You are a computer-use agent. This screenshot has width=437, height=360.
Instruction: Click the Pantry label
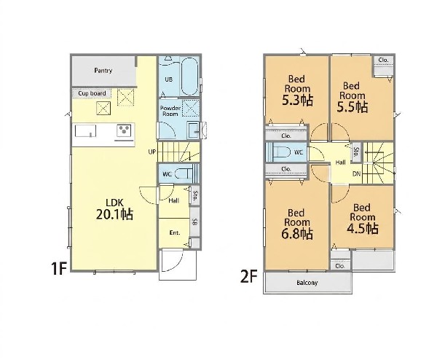tap(103, 71)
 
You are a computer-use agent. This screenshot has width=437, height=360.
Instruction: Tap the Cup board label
tap(92, 93)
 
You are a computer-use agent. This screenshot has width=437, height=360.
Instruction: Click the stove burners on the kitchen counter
tap(124, 130)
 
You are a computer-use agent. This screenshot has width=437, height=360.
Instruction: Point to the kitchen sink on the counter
tap(85, 130)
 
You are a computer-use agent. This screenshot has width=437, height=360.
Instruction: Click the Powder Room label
tap(170, 111)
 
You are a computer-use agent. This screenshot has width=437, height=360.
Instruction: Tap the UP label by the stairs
tap(152, 152)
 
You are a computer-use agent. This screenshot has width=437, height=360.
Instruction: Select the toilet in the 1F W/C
tap(184, 174)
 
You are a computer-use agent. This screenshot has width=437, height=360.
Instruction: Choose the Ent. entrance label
tap(175, 233)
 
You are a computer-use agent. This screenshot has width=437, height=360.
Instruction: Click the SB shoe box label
tap(194, 222)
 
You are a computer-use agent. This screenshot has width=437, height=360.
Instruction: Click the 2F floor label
tap(248, 277)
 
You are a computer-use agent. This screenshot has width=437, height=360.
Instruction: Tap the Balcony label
tap(307, 283)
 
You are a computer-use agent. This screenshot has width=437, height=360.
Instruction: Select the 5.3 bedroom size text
tap(297, 101)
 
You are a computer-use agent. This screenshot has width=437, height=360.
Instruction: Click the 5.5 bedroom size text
tap(353, 107)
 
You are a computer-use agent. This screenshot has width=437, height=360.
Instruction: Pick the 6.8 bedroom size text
tap(297, 234)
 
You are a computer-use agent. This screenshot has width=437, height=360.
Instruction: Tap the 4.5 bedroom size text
tap(362, 229)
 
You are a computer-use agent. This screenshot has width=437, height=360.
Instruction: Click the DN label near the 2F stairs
tap(356, 174)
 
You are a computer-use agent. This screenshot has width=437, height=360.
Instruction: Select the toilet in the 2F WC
tap(280, 152)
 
